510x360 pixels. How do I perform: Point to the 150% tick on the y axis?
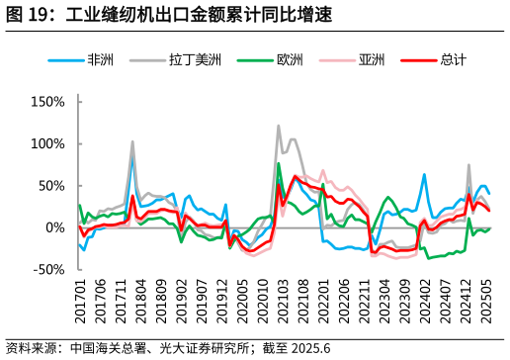click(47, 101)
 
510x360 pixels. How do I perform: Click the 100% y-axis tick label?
click(47, 143)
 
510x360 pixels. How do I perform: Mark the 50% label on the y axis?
click(51, 185)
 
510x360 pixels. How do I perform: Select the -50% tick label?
click(49, 269)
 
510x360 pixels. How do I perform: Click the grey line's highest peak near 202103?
click(279, 126)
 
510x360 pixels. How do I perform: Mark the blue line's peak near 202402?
click(424, 175)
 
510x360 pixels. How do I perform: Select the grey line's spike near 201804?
click(132, 141)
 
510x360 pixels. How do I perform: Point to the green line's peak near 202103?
click(279, 163)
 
